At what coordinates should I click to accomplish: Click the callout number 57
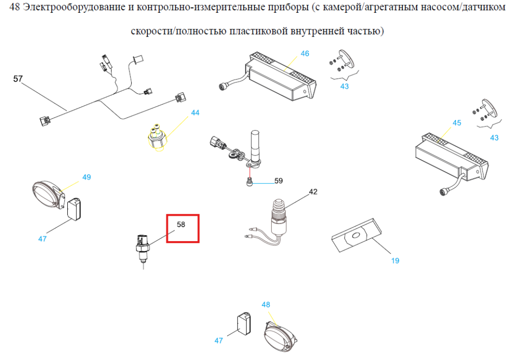(18, 79)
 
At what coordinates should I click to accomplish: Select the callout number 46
(305, 54)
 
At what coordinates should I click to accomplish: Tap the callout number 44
(195, 113)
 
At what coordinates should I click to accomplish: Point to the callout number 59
(278, 181)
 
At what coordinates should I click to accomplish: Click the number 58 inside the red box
(181, 224)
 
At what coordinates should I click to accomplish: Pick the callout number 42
(313, 192)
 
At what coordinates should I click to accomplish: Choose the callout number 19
(395, 261)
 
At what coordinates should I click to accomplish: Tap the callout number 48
(266, 305)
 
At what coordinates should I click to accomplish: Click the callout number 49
(87, 177)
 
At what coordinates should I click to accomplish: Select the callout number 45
(456, 123)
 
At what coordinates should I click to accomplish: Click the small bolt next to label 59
(249, 182)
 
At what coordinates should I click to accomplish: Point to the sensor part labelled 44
(158, 138)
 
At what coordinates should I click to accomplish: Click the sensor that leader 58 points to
(142, 248)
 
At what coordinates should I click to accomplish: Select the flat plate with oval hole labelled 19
(356, 235)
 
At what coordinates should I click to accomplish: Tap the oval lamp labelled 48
(280, 337)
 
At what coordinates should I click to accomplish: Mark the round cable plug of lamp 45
(443, 191)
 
